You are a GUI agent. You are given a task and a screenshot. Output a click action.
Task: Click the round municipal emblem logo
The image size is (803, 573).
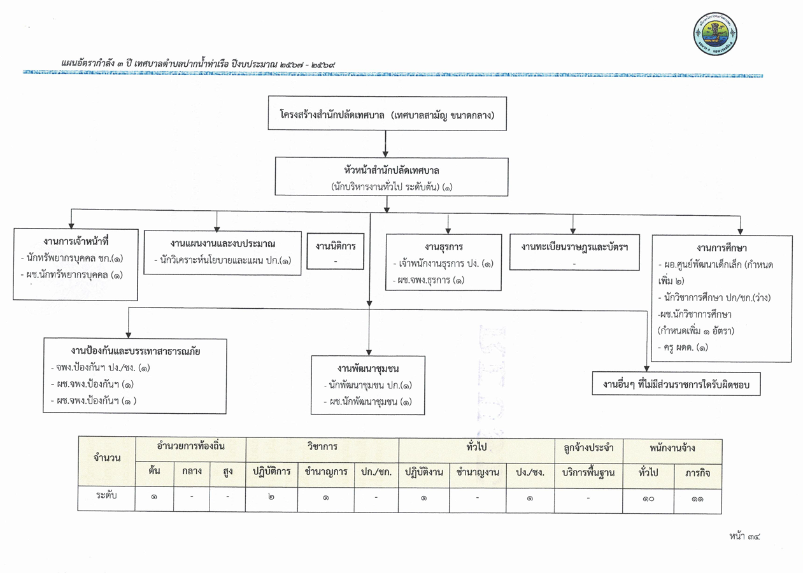(715, 34)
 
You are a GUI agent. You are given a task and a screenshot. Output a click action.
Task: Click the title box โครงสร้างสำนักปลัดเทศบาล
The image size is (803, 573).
(387, 113)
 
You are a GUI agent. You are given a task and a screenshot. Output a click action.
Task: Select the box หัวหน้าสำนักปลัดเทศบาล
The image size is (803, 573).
(392, 176)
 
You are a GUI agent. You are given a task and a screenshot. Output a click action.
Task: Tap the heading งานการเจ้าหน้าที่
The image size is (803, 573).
(76, 241)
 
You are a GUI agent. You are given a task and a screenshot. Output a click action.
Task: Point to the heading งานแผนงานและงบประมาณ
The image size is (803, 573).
(223, 244)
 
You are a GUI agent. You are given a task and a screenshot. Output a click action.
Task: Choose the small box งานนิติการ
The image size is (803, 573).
(336, 251)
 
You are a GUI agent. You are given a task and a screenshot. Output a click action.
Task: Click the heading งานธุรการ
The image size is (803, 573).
(444, 247)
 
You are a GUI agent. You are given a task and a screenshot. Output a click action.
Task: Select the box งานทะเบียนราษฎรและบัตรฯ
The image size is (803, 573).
(574, 252)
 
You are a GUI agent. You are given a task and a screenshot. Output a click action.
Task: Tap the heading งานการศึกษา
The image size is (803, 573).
(721, 248)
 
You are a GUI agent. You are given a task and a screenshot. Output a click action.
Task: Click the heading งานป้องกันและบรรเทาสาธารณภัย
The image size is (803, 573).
(135, 351)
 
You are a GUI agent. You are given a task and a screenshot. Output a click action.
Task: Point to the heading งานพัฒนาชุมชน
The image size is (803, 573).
(368, 368)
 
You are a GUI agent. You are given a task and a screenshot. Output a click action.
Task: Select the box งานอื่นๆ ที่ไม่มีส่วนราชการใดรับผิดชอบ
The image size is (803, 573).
(676, 384)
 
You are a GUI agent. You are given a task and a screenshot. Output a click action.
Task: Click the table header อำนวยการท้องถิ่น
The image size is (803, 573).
(190, 446)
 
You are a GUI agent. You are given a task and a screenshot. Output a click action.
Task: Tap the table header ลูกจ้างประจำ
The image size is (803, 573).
(588, 448)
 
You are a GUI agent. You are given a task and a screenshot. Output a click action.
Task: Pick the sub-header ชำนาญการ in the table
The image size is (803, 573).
(326, 472)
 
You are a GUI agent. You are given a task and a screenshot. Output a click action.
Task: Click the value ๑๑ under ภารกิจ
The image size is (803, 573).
(697, 499)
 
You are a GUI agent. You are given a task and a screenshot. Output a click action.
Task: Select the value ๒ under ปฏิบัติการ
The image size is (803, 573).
(271, 497)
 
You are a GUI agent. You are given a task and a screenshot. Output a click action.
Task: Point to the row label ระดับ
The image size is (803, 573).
(106, 495)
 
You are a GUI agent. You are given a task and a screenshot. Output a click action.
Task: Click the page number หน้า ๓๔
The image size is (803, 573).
(744, 536)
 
